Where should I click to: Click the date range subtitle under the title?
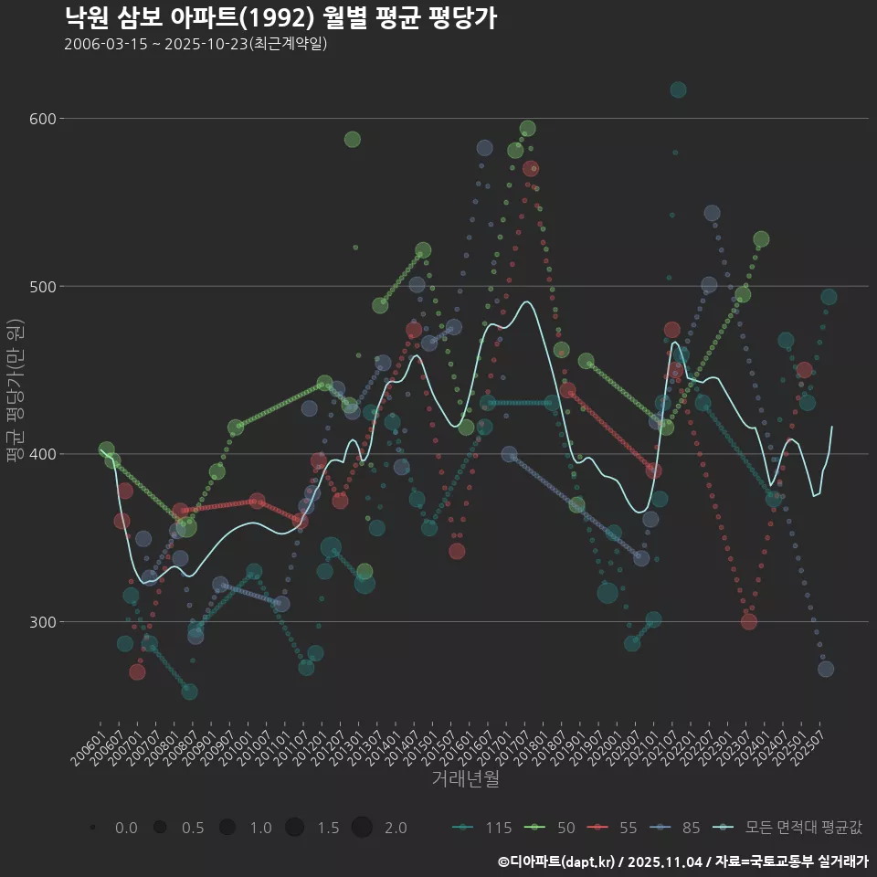click(x=195, y=45)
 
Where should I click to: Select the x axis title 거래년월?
click(x=465, y=779)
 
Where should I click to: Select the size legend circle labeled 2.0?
click(x=362, y=828)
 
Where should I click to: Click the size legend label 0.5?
click(x=193, y=828)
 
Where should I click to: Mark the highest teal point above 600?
click(x=678, y=90)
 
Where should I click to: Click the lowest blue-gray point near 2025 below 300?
click(x=826, y=669)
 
